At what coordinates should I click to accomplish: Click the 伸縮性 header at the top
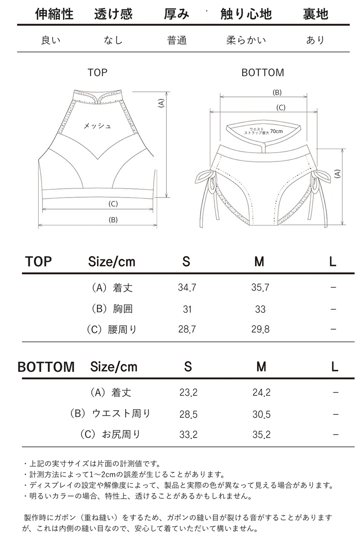[x=54, y=14]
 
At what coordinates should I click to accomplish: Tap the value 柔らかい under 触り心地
[x=246, y=40]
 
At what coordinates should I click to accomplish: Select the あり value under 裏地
[x=315, y=40]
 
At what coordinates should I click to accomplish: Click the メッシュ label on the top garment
[x=97, y=126]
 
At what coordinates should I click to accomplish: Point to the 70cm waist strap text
[x=276, y=131]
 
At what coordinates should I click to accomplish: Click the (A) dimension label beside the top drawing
[x=161, y=103]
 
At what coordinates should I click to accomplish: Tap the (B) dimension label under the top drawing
[x=113, y=220]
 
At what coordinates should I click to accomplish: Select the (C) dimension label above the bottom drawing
[x=281, y=108]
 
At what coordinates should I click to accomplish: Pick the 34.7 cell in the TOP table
[x=187, y=287]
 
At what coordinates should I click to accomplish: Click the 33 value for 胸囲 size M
[x=260, y=309]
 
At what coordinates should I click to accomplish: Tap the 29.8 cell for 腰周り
[x=260, y=329]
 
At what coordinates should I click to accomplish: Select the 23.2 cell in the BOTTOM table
[x=188, y=392]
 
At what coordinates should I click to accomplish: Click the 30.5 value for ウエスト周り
[x=261, y=414]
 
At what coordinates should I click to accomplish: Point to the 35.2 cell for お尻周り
[x=261, y=435]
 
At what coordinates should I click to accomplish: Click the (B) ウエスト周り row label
[x=111, y=413]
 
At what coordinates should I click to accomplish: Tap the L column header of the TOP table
[x=333, y=261]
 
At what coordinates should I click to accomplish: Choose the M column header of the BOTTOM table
[x=261, y=367]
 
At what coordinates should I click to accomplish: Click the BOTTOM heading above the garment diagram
[x=263, y=72]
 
